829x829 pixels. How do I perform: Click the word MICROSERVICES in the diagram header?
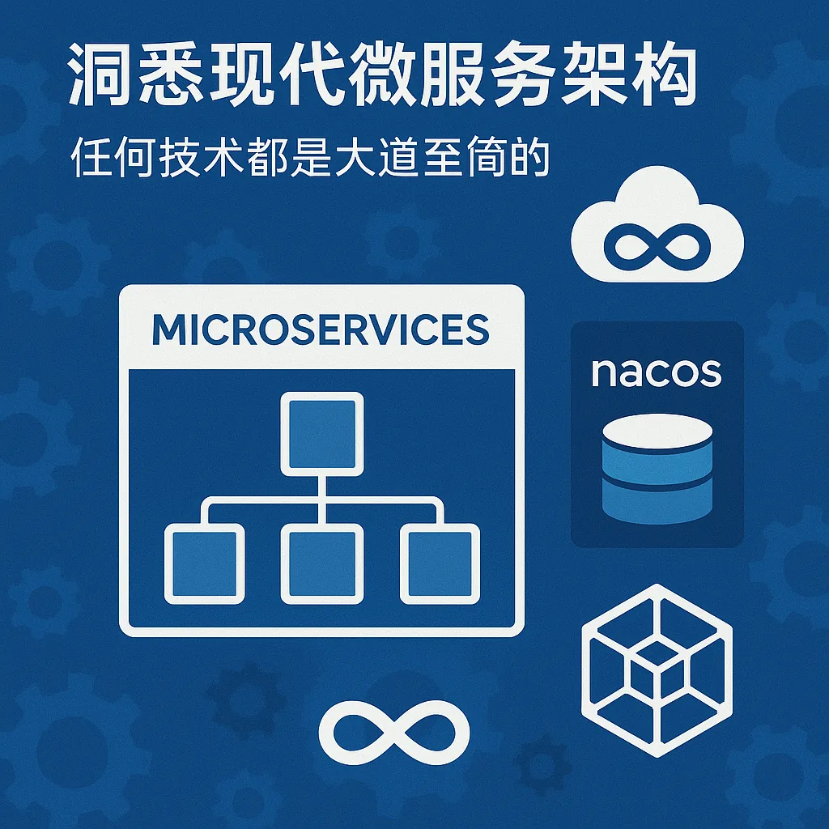(x=321, y=329)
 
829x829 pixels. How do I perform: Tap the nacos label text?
(x=656, y=372)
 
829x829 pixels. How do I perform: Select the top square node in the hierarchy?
(x=322, y=434)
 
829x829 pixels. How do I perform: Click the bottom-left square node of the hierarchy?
(x=205, y=563)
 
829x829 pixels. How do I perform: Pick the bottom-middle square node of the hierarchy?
(x=322, y=563)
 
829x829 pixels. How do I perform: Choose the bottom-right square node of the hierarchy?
(x=440, y=563)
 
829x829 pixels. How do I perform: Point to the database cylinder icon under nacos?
(x=657, y=469)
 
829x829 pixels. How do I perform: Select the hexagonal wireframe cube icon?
(x=657, y=670)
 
